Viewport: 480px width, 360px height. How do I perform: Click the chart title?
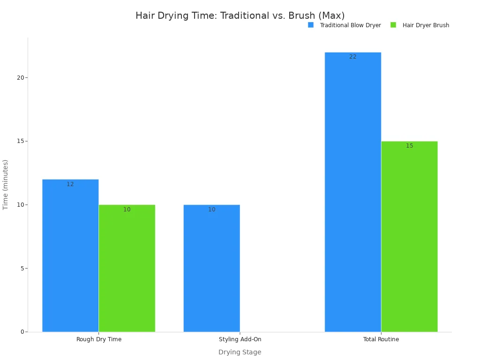point(240,16)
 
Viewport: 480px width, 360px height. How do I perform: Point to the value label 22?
point(352,57)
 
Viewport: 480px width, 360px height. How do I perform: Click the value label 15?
point(409,146)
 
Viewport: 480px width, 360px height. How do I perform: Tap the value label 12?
point(70,184)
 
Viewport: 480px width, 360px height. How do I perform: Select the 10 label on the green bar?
point(127,210)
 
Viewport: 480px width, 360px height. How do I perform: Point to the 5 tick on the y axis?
point(22,269)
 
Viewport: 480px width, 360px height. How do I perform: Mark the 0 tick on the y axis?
point(22,332)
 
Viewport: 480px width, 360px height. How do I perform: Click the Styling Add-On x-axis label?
point(240,339)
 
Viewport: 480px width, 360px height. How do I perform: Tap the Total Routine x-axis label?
point(381,339)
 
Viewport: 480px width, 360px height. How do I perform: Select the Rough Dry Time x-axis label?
point(99,339)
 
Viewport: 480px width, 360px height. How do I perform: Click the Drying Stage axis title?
point(240,352)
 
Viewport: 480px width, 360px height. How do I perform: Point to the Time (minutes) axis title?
point(6,184)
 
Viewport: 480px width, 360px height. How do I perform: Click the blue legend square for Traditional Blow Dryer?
point(311,25)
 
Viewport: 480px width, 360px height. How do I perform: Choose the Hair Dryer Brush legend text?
point(426,25)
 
